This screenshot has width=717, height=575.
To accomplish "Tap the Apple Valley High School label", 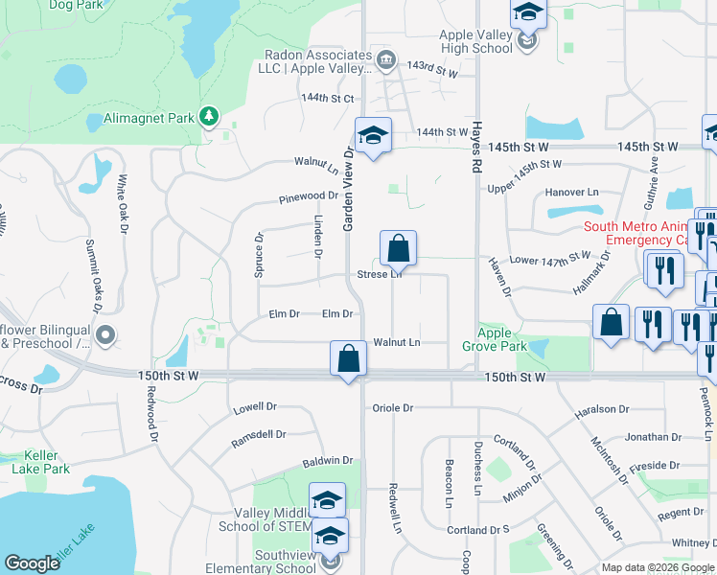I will [476, 42].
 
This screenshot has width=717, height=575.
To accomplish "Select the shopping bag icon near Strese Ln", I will [398, 248].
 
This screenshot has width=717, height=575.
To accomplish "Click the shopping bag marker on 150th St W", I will [349, 358].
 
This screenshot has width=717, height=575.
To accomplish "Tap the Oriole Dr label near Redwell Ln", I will [393, 407].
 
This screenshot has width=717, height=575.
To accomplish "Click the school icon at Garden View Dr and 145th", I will [373, 135].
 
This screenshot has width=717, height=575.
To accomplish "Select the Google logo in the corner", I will [33, 563].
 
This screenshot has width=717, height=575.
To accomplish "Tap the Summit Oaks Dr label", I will [93, 277].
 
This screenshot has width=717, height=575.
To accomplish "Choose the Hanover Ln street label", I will [571, 193].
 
